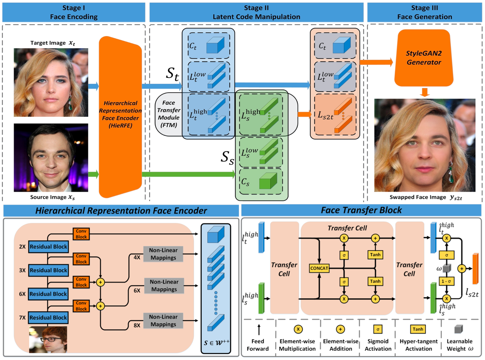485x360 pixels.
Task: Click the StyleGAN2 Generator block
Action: (x=424, y=58)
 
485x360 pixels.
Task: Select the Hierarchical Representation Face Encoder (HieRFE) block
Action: (x=120, y=114)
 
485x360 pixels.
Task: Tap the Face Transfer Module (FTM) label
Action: (x=169, y=114)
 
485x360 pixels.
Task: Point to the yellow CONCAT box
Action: (x=319, y=268)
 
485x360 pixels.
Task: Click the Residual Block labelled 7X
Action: (x=48, y=317)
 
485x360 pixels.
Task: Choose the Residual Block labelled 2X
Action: (x=48, y=246)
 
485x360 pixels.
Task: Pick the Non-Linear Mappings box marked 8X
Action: (x=163, y=321)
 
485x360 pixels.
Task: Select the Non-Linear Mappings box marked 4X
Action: (x=163, y=254)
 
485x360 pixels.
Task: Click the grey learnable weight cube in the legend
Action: (x=459, y=329)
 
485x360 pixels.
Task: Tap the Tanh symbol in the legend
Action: (x=418, y=329)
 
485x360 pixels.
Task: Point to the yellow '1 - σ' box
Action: (x=446, y=281)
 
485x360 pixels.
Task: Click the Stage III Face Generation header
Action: (x=424, y=12)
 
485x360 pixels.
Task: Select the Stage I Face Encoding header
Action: (x=74, y=12)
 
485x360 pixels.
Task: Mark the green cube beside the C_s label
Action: (x=268, y=181)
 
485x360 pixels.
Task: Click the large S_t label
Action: (x=172, y=74)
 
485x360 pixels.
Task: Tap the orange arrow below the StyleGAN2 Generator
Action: (x=424, y=92)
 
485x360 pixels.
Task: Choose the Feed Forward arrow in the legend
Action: (x=259, y=329)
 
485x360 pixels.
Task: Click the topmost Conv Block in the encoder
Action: (x=81, y=234)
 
